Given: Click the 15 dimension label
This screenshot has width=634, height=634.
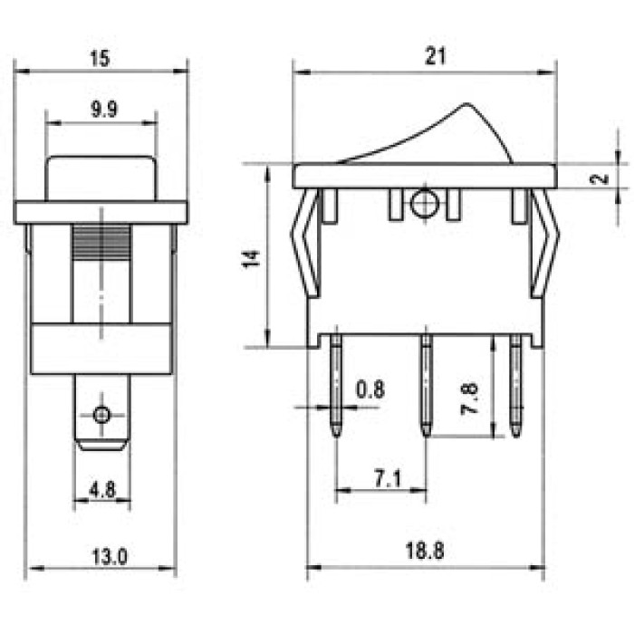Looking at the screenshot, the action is click(x=100, y=58).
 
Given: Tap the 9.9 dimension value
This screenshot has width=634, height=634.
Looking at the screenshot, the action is click(x=104, y=110).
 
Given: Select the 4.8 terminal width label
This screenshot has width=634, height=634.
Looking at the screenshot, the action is click(x=102, y=491).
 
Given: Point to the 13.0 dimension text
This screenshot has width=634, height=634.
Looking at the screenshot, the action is click(x=110, y=557).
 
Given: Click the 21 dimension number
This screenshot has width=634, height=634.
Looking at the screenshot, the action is click(x=435, y=56).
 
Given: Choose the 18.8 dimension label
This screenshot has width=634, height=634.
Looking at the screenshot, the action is click(x=425, y=551).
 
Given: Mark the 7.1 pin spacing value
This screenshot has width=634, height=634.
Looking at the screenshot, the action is click(x=388, y=479).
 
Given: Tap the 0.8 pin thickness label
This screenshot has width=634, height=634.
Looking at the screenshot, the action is click(x=370, y=389).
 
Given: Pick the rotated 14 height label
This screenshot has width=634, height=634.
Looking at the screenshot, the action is click(x=250, y=259).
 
